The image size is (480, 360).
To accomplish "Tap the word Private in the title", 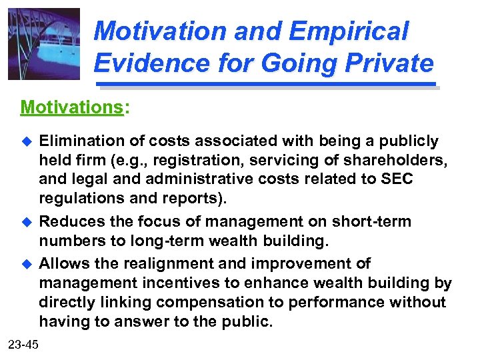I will click(x=387, y=63).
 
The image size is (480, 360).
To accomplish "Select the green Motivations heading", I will click(x=73, y=107).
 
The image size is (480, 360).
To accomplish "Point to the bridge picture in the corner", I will click(x=44, y=44).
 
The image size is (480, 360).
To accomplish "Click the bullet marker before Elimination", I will click(x=27, y=141).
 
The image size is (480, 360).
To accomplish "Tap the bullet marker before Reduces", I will click(x=27, y=222).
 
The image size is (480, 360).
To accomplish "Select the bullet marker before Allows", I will click(x=27, y=263).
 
